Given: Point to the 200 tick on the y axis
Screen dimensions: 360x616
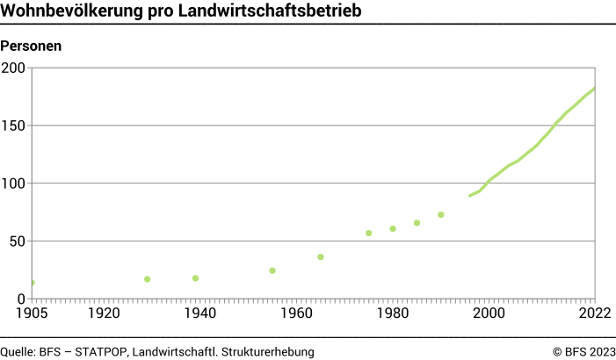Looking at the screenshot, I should click(x=14, y=68).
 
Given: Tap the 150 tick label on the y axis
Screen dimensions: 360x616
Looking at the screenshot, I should click(x=14, y=126).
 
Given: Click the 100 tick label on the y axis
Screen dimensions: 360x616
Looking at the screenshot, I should click(x=14, y=184).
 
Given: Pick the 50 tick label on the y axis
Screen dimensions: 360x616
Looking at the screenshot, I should click(x=18, y=241).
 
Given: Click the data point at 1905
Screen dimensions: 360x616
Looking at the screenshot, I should click(x=33, y=283).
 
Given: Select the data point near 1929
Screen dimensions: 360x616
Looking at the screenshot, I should click(x=147, y=279).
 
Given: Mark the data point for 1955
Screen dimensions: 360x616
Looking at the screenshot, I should click(x=272, y=270).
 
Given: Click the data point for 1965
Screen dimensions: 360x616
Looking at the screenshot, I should click(x=321, y=256).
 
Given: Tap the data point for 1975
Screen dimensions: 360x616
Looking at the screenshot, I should click(x=368, y=233).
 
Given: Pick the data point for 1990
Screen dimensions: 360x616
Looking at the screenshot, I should click(x=441, y=214).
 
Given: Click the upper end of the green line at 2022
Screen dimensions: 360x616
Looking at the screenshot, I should click(x=595, y=89).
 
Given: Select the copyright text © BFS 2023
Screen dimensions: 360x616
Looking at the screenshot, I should click(x=583, y=351).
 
